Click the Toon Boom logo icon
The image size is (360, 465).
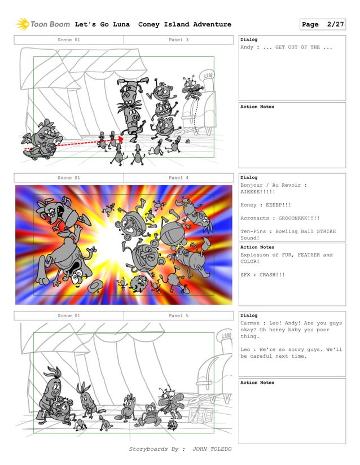(22, 24)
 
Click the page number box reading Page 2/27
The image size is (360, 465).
(323, 24)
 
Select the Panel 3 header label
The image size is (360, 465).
(178, 40)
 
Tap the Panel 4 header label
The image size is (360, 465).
(178, 178)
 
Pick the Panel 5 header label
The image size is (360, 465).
(178, 315)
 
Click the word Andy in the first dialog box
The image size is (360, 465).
(247, 47)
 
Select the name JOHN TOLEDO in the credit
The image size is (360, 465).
(212, 449)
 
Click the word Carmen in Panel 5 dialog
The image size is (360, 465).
(251, 323)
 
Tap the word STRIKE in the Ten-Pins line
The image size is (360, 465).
(324, 231)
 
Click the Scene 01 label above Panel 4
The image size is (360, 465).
(69, 178)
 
